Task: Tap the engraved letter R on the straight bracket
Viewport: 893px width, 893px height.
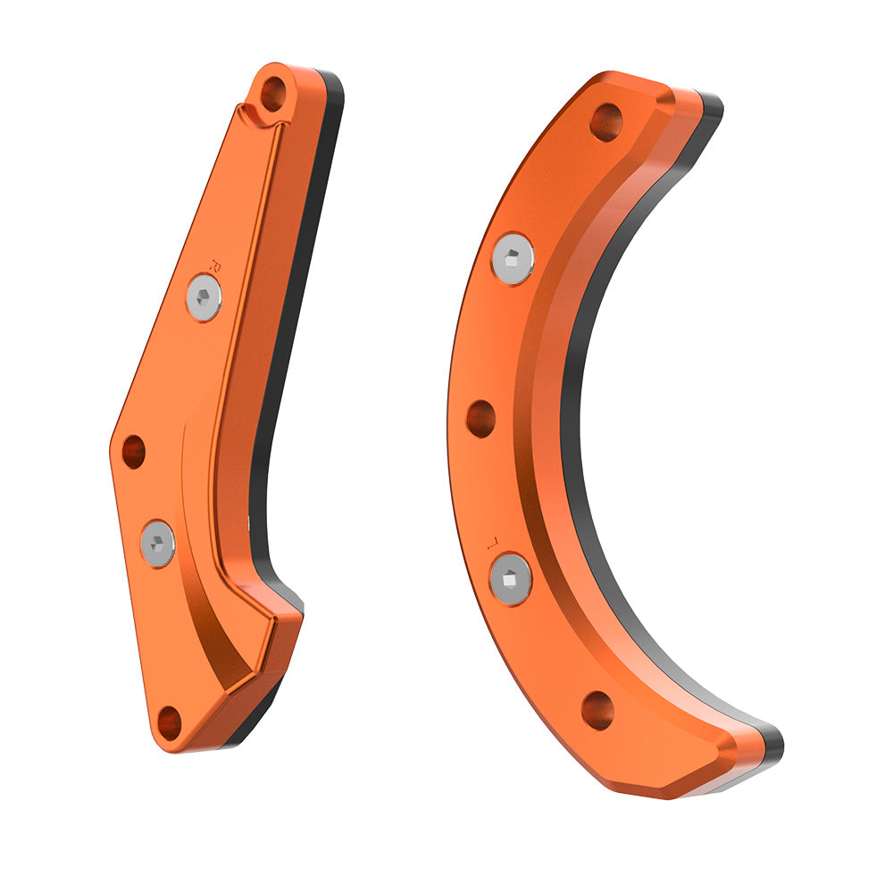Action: (213, 263)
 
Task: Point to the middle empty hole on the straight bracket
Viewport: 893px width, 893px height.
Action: (133, 452)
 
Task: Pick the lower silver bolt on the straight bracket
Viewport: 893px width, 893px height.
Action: (158, 543)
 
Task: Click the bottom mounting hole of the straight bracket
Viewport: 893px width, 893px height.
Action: (169, 722)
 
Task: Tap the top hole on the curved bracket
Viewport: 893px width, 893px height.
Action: (606, 121)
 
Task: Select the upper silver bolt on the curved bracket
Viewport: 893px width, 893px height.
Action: (513, 258)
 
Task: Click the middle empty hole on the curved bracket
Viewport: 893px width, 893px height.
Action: (481, 418)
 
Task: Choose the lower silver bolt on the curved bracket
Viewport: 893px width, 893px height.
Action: (512, 579)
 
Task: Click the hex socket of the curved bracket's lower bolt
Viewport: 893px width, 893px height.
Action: (512, 579)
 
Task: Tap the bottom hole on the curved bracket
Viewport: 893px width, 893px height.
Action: (597, 710)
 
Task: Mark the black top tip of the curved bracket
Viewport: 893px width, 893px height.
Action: (713, 104)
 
